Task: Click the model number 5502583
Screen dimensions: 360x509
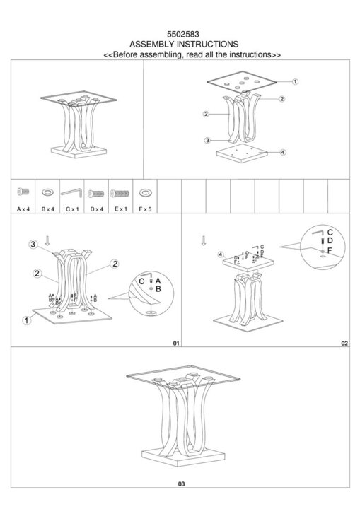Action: [x=183, y=34]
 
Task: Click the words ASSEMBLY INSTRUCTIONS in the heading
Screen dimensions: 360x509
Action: [x=184, y=44]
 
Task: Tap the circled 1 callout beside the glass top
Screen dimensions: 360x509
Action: [x=295, y=82]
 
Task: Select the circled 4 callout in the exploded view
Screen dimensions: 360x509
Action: [x=283, y=152]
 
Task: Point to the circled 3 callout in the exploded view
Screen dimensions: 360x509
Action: [x=207, y=141]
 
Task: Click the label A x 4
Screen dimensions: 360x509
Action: [x=23, y=209]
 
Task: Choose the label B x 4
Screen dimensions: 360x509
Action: [x=48, y=209]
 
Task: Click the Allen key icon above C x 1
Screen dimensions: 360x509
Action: [x=72, y=192]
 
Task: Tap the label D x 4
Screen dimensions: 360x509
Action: [x=96, y=209]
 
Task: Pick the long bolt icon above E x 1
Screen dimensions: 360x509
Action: [x=120, y=194]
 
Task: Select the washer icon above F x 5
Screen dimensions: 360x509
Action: [x=145, y=193]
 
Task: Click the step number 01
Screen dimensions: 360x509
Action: [x=176, y=343]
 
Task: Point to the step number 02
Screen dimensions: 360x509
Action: [x=344, y=343]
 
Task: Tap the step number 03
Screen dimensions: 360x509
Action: [x=181, y=484]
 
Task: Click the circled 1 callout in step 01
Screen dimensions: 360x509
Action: [x=27, y=320]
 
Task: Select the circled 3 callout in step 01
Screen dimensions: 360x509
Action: [x=33, y=244]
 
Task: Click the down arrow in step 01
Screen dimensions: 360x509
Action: [x=47, y=240]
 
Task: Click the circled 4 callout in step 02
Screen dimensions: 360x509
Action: [x=221, y=255]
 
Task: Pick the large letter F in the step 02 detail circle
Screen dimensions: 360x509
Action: [x=330, y=250]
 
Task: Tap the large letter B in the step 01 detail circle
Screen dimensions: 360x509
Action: [x=158, y=289]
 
